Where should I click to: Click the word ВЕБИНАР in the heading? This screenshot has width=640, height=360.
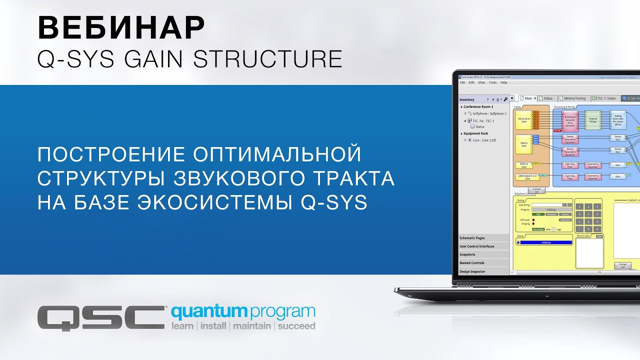pyautogui.click(x=121, y=28)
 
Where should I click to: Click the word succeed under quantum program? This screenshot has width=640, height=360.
pyautogui.click(x=296, y=326)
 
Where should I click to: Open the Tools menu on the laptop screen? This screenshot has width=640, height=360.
pyautogui.click(x=492, y=82)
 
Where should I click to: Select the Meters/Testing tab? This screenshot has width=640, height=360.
pyautogui.click(x=574, y=98)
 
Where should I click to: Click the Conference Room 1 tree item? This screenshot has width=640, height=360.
pyautogui.click(x=478, y=106)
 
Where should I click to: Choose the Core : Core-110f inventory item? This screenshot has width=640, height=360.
pyautogui.click(x=481, y=140)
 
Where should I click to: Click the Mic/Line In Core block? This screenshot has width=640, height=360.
pyautogui.click(x=523, y=120)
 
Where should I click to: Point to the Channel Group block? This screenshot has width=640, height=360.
pyautogui.click(x=593, y=120)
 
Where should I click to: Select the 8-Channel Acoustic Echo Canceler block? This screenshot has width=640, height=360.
pyautogui.click(x=569, y=120)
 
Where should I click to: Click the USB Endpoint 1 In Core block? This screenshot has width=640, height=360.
pyautogui.click(x=526, y=176)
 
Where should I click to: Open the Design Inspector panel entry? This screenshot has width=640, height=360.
pyautogui.click(x=472, y=271)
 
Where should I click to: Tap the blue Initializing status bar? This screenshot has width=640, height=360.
pyautogui.click(x=545, y=242)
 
